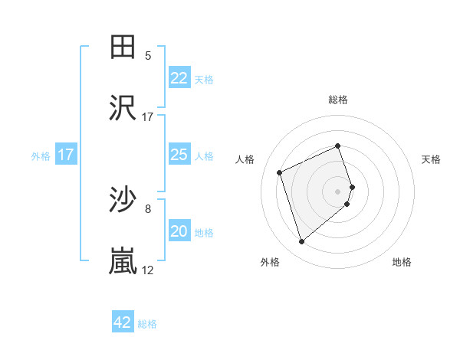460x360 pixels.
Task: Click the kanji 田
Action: click(x=123, y=47)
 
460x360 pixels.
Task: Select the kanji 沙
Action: click(x=123, y=201)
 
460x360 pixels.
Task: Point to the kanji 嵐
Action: click(x=123, y=261)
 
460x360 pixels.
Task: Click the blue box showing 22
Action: click(x=179, y=78)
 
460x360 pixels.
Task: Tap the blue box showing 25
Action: click(x=179, y=155)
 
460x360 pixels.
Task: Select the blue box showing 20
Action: click(x=179, y=231)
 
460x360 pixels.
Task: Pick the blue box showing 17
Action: click(x=66, y=155)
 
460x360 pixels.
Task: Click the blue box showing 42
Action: click(x=123, y=322)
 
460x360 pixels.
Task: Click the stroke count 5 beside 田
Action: click(x=148, y=56)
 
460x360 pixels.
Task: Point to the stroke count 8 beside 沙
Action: click(x=148, y=208)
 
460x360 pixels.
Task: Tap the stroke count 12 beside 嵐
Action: click(x=148, y=270)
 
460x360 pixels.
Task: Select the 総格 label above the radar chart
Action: click(x=338, y=100)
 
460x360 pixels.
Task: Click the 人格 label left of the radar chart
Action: click(x=245, y=159)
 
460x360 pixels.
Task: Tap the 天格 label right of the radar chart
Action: click(x=432, y=159)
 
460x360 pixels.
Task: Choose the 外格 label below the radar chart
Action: click(x=270, y=262)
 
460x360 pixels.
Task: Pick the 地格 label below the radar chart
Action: click(x=402, y=262)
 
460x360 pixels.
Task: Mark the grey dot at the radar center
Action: click(x=338, y=190)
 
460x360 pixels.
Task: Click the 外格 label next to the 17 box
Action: click(x=41, y=155)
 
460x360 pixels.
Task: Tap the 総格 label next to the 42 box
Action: click(x=147, y=323)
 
